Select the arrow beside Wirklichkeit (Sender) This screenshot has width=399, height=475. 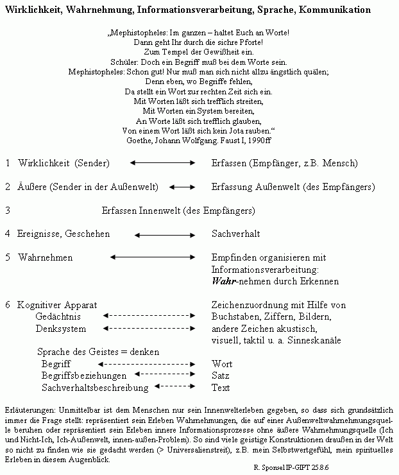(x=162, y=163)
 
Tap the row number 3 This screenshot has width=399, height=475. (x=7, y=211)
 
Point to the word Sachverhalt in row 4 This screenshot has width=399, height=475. (x=236, y=234)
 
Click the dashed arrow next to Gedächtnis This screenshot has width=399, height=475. (x=148, y=316)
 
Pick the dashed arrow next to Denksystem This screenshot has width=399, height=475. (x=148, y=328)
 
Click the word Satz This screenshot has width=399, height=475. (x=221, y=376)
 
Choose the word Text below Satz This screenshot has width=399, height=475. (x=221, y=388)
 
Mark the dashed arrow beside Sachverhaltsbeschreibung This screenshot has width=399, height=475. (x=174, y=386)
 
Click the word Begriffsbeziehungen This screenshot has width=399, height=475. (x=84, y=376)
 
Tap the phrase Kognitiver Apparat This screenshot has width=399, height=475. (x=56, y=304)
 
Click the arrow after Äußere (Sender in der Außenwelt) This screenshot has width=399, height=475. (x=182, y=187)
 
